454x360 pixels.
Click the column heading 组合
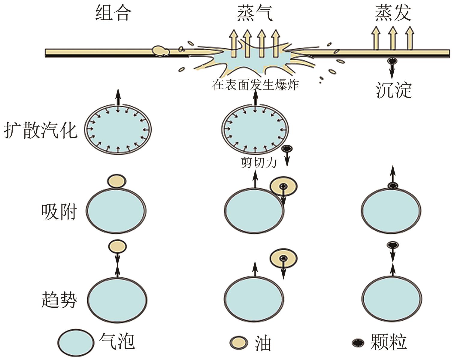point(113,14)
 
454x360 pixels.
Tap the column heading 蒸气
point(255,14)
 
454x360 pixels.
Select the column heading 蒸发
point(393,14)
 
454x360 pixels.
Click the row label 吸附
point(59,211)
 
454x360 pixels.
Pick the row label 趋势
point(59,299)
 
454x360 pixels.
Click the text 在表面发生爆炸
point(256,84)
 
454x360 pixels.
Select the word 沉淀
point(394,90)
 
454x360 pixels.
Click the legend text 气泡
point(117,341)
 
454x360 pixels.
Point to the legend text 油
point(263,343)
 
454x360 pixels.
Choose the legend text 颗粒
point(389,342)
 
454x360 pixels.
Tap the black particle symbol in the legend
point(358,342)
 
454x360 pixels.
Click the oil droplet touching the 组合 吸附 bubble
point(117,181)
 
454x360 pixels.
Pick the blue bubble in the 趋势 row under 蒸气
point(254,299)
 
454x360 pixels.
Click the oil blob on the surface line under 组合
point(161,51)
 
